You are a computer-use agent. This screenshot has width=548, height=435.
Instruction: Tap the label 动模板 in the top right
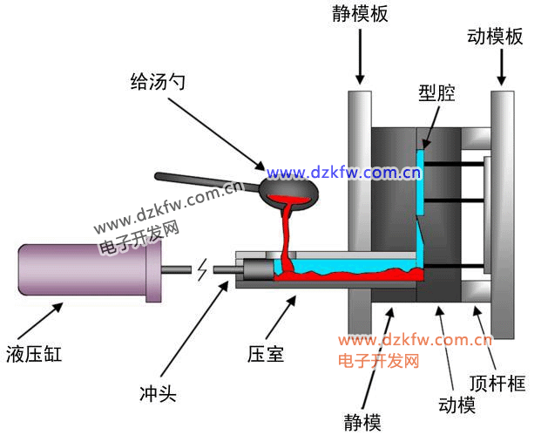pos(495,36)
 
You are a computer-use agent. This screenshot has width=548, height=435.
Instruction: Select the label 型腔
pos(436,93)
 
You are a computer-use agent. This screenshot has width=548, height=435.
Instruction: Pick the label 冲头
pos(158,394)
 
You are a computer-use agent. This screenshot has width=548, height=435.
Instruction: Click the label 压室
pos(266,355)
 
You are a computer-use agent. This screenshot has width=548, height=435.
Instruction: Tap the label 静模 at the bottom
pos(361,422)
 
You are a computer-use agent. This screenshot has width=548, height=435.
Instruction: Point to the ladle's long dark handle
pos(206,181)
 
